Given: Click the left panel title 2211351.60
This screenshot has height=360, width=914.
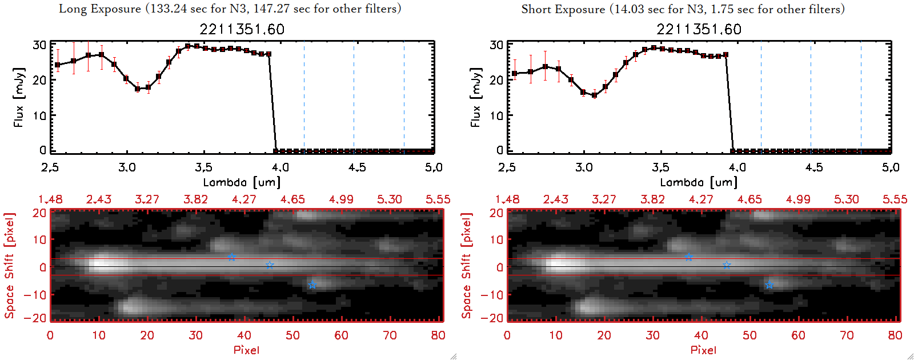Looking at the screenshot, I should [242, 30].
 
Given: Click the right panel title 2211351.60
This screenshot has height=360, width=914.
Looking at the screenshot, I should [699, 30].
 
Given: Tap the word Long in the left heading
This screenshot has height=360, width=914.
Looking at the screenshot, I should [71, 9].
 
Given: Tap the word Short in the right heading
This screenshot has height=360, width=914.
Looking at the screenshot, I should [535, 9].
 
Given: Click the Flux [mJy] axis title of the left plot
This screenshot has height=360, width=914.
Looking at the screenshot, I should [19, 97].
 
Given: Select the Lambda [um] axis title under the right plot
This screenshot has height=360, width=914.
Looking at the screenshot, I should [699, 182].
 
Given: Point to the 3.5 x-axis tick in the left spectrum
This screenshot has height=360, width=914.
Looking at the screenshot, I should [203, 167].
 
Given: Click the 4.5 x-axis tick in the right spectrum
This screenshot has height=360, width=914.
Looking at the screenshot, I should [814, 167].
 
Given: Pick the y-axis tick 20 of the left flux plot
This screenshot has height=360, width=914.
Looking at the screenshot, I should [39, 80].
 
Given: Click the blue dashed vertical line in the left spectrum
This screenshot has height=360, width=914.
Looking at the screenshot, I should [304, 97].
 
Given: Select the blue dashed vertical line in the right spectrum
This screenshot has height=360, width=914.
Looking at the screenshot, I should [761, 97].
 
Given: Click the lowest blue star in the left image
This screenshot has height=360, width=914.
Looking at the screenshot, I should [312, 285].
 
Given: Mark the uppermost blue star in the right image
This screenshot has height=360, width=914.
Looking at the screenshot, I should [688, 257].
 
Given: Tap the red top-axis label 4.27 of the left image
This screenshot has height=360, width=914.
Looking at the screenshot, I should [244, 199].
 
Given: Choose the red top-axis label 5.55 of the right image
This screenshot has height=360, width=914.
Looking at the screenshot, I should [895, 199].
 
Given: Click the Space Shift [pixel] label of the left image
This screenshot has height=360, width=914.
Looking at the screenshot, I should [9, 266].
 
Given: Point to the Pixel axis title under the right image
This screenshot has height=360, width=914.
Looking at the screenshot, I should [703, 350].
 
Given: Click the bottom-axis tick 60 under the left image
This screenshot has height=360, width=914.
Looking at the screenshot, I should [341, 335].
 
